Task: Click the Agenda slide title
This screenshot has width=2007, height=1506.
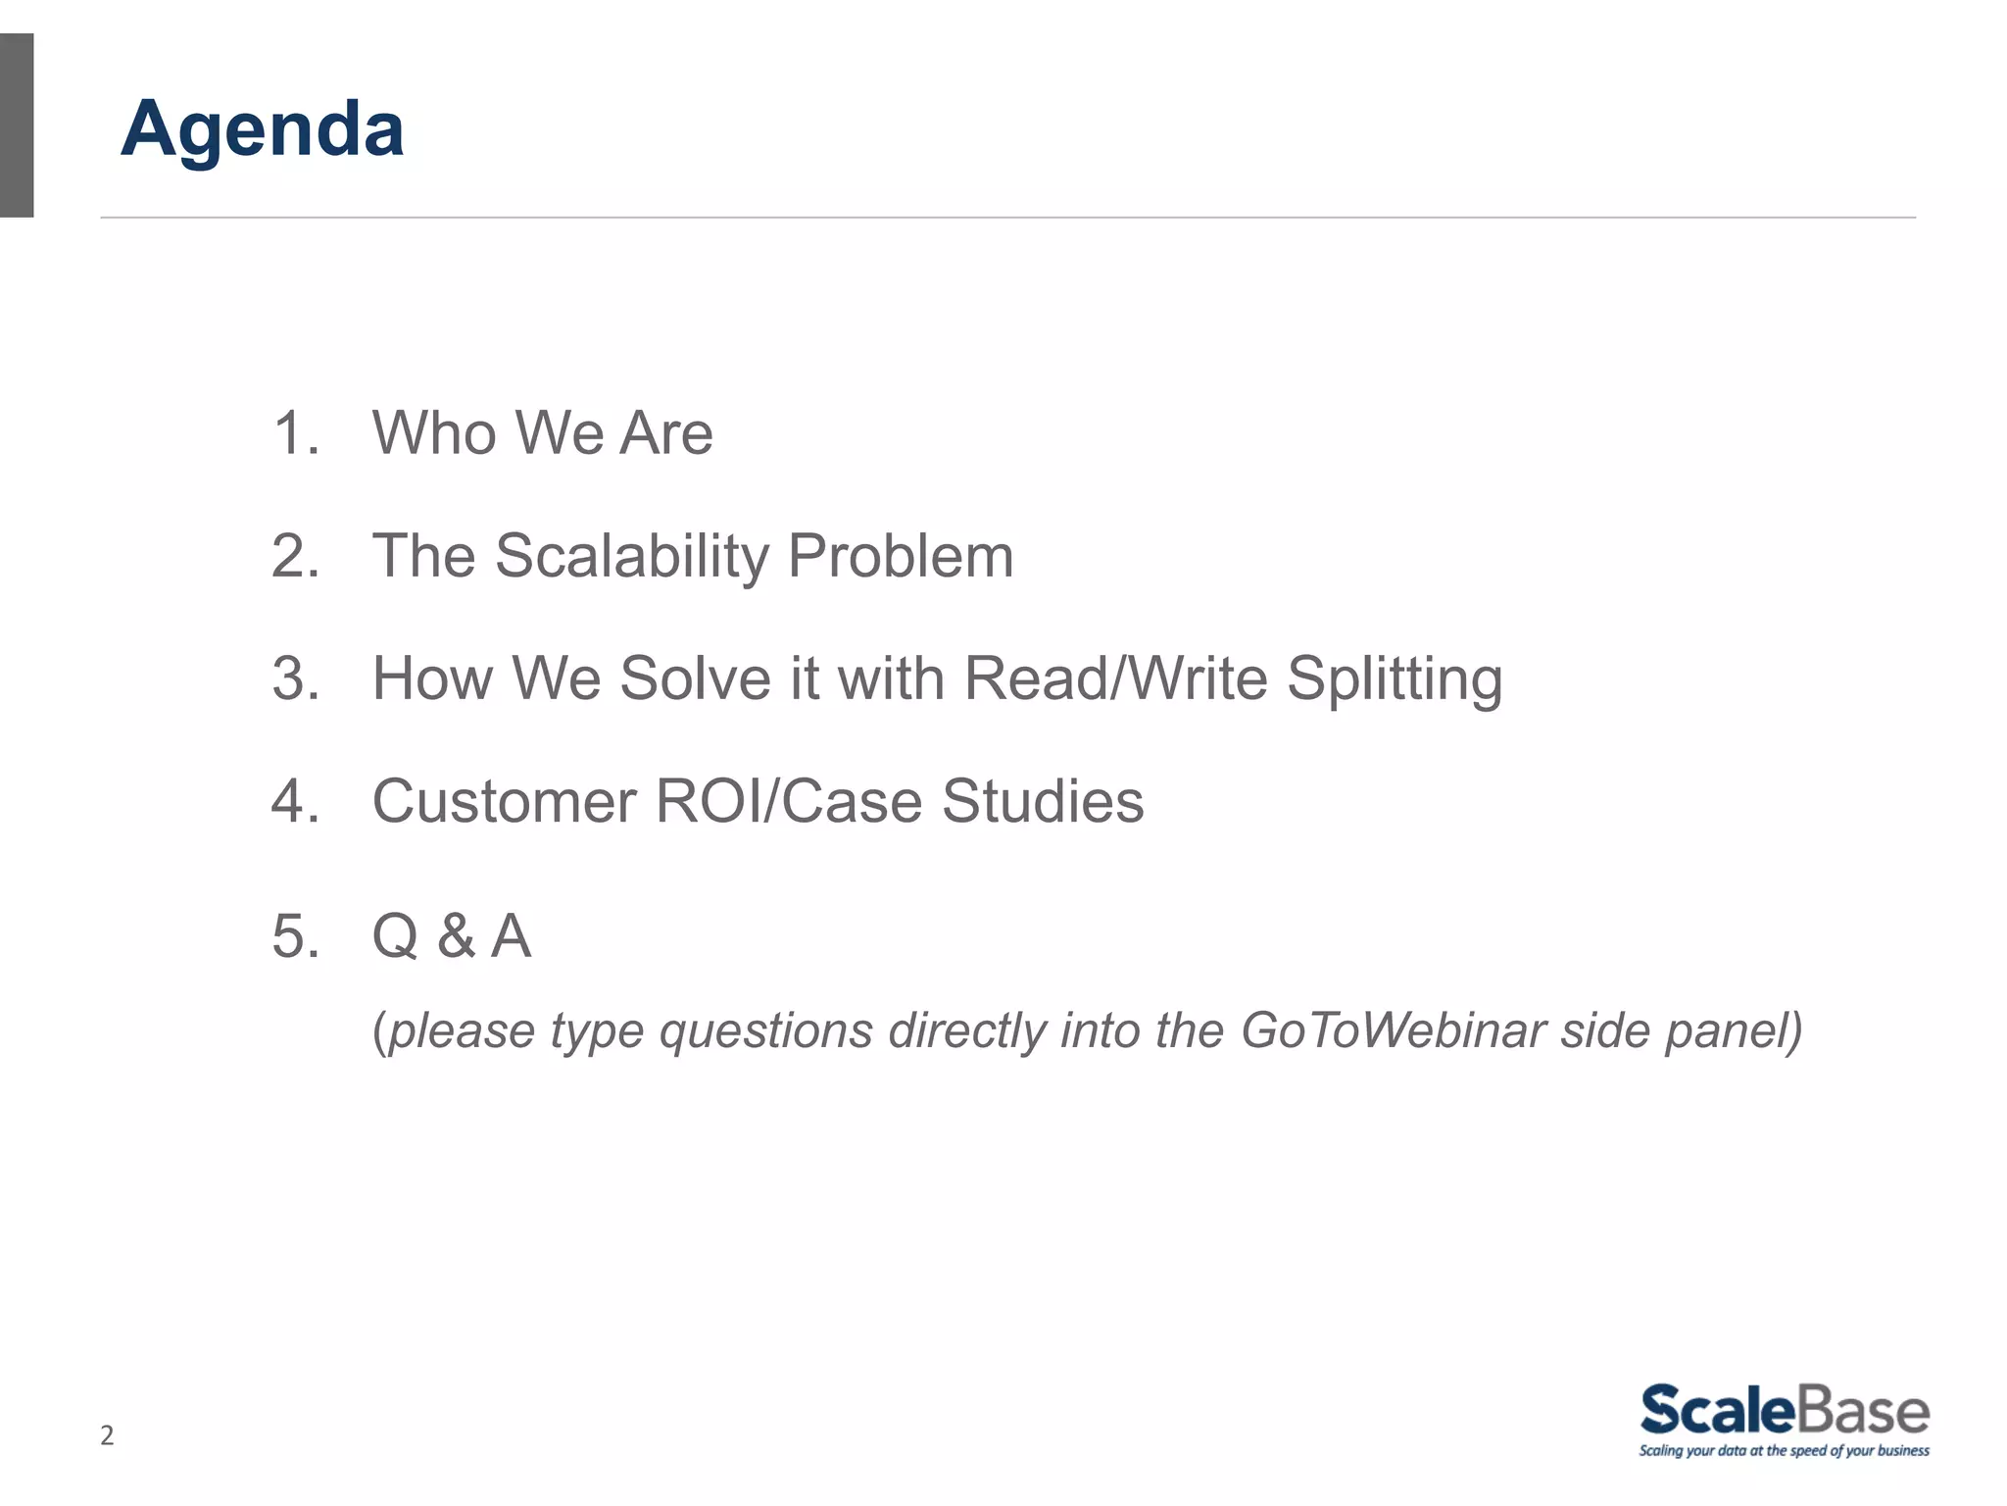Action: pos(263,128)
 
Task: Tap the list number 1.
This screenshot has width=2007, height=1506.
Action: pos(294,432)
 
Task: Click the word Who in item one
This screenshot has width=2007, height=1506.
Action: pos(434,432)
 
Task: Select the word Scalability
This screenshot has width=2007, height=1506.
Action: pos(632,557)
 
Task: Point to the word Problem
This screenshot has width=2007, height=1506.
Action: pos(900,557)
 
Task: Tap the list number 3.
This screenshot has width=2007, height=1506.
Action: pos(295,678)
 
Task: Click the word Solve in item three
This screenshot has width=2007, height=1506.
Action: pos(696,678)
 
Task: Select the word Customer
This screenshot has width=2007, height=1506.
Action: pos(504,801)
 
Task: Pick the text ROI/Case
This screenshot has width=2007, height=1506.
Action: pos(789,801)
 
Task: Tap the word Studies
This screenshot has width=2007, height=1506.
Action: pos(1043,801)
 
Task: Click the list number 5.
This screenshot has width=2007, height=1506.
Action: pos(295,936)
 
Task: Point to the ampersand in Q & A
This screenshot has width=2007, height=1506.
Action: pos(457,936)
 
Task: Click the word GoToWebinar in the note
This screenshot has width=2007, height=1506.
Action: pos(1393,1030)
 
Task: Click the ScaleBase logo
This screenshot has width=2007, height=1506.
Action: pos(1784,1420)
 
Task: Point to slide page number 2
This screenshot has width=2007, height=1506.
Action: pos(107,1435)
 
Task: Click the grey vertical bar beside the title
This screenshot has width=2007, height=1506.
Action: pos(17,125)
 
